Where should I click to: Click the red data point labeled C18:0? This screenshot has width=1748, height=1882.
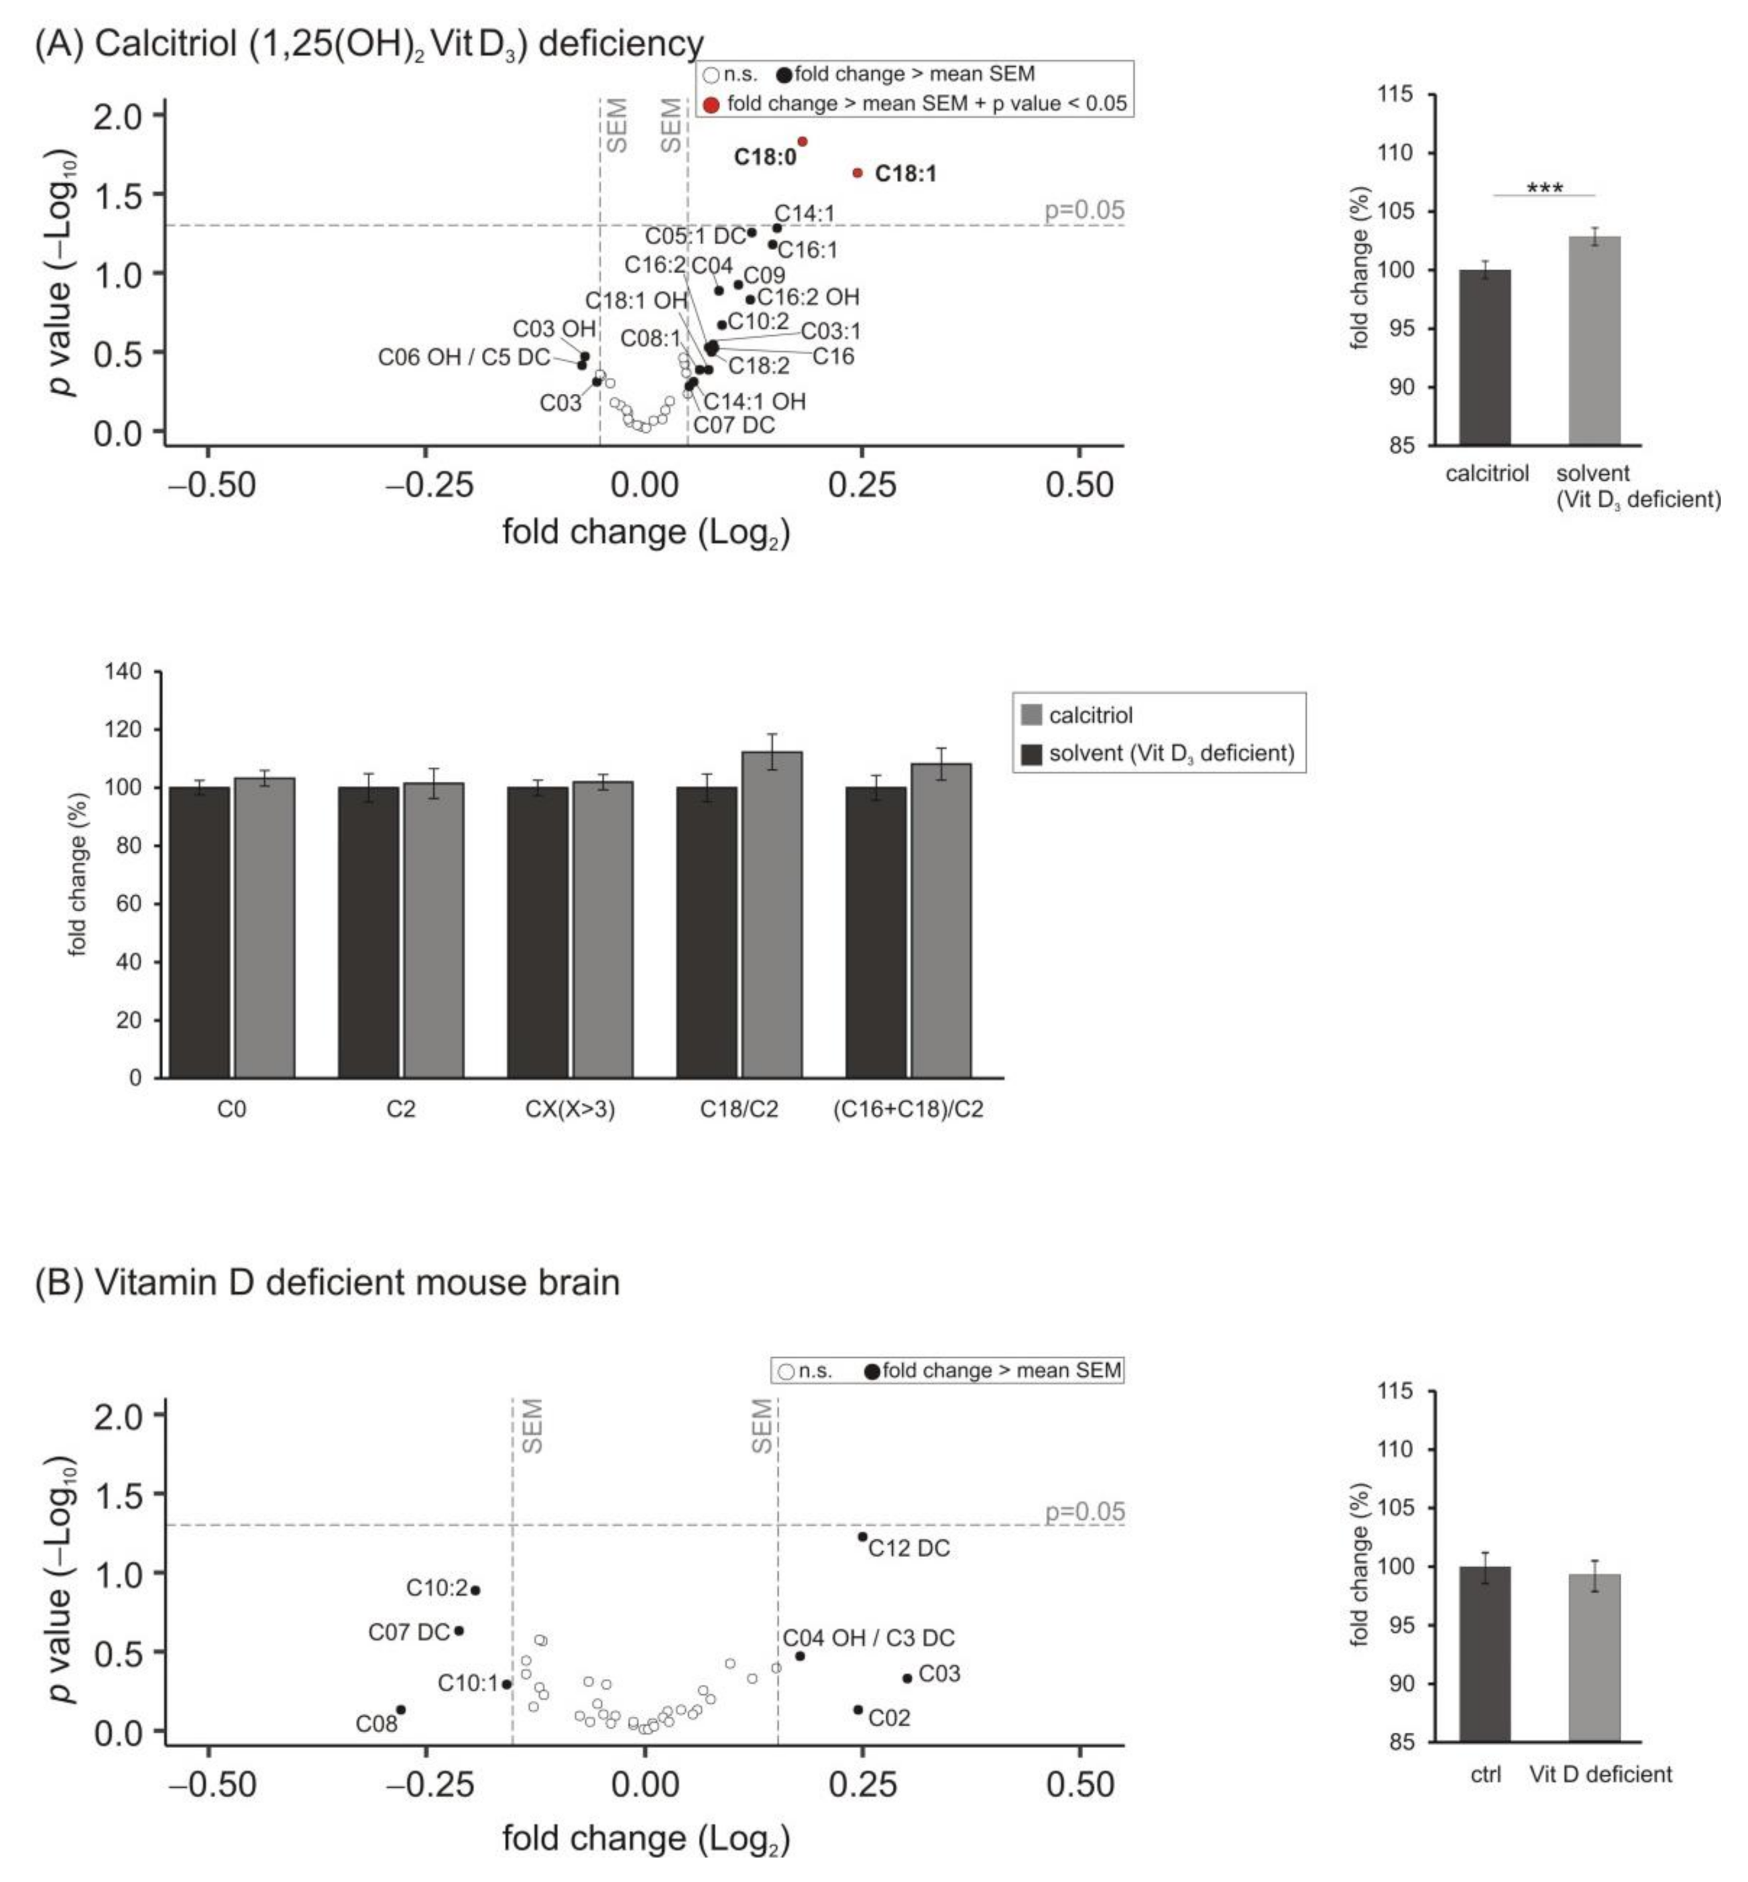click(802, 142)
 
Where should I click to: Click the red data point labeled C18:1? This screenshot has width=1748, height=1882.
click(858, 173)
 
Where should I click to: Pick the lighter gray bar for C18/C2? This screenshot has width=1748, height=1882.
click(772, 913)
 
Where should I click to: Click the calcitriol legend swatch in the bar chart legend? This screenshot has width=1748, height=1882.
click(1032, 716)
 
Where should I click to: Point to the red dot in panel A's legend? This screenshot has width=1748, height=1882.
click(711, 104)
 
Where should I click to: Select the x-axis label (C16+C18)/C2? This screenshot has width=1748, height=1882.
click(908, 1109)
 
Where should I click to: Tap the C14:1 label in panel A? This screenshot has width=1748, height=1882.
click(805, 214)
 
